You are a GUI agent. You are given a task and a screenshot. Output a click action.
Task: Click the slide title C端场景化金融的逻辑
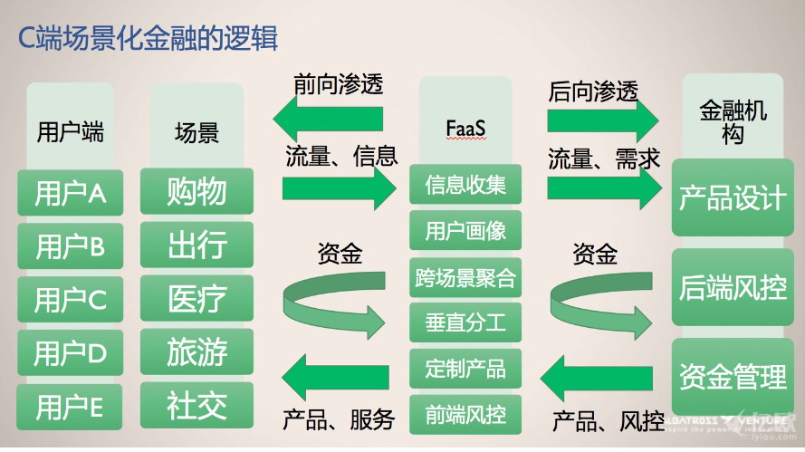[x=149, y=39]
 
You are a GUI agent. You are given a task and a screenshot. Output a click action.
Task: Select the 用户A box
[x=71, y=192]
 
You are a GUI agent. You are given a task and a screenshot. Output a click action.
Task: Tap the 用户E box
[x=70, y=407]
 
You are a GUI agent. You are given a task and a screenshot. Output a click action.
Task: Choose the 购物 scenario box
[x=196, y=191]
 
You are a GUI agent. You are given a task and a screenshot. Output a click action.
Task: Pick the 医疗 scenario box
[x=196, y=298]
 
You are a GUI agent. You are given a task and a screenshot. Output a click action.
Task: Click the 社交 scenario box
[x=196, y=405]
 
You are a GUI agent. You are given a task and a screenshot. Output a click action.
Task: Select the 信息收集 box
[x=465, y=186]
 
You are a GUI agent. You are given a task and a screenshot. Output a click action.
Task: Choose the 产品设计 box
[x=733, y=197]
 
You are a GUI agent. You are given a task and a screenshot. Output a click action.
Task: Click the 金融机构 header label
[x=733, y=122]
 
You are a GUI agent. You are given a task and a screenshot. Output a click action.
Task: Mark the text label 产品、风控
[x=608, y=421]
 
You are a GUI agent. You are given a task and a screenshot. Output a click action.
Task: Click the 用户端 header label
[x=70, y=132]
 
